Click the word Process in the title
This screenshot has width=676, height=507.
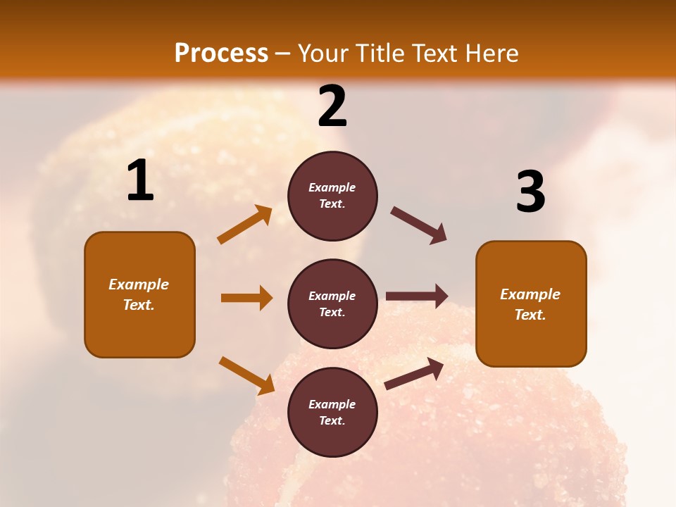(x=221, y=53)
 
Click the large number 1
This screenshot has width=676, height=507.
(x=140, y=181)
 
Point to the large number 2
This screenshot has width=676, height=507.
(x=332, y=106)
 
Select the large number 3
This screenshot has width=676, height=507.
(x=530, y=192)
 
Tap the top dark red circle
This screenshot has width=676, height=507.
(x=332, y=195)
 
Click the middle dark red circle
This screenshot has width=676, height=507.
(x=332, y=303)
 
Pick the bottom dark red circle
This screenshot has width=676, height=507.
(x=332, y=412)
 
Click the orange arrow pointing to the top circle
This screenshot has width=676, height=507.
(x=244, y=225)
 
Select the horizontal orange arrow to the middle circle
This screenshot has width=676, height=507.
(x=246, y=298)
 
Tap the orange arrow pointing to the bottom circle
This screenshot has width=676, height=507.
(x=246, y=375)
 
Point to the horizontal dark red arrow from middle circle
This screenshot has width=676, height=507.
(x=417, y=296)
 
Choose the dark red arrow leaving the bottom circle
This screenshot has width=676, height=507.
(x=414, y=374)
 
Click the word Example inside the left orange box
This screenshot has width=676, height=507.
(x=139, y=284)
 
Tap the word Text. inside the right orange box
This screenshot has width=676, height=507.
(x=530, y=315)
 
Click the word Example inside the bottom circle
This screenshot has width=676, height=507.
(x=332, y=404)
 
